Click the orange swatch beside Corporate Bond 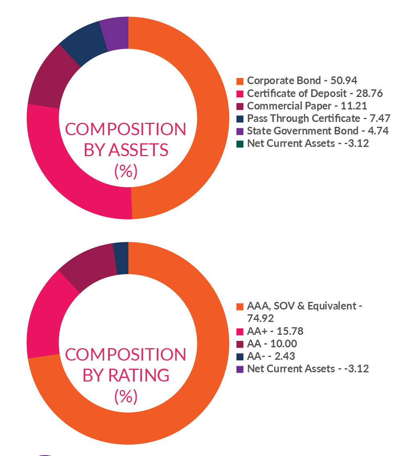pos(240,81)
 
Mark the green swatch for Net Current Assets pos(240,144)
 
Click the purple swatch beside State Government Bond pos(240,131)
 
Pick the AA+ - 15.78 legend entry pos(275,331)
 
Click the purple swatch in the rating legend pos(240,369)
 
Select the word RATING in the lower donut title pos(139,375)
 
